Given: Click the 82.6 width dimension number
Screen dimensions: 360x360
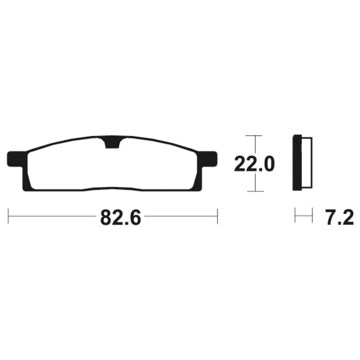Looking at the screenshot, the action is (x=121, y=217).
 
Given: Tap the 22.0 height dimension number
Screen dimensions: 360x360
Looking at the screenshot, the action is (x=254, y=164).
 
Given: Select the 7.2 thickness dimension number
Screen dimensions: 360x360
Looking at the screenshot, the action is (x=340, y=217).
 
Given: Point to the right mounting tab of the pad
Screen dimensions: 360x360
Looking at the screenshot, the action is (x=207, y=159).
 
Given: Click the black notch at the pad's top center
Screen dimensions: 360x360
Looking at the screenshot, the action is (x=112, y=143).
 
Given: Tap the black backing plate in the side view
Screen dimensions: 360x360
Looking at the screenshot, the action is (x=297, y=162).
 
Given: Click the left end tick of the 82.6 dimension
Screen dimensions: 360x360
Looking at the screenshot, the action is (x=8, y=216).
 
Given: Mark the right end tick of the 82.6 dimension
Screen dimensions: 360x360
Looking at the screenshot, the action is (x=217, y=216).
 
